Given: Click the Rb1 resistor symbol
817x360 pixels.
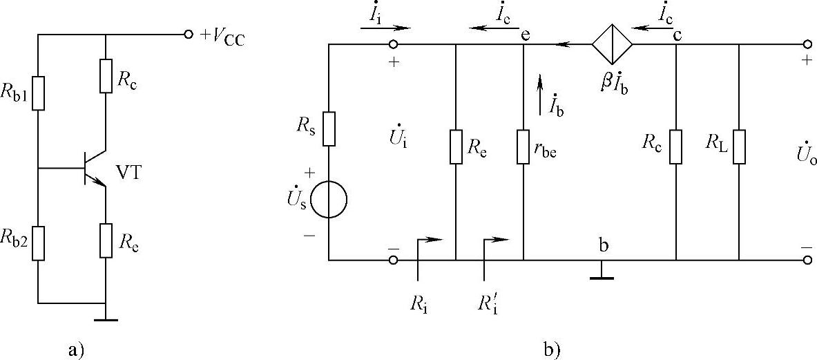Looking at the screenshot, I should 39,93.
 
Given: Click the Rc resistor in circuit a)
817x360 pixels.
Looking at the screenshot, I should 105,75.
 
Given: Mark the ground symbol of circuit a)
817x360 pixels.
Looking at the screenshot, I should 105,319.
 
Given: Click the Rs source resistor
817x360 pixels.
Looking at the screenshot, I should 329,129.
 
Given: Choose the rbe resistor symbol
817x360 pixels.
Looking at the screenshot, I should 524,146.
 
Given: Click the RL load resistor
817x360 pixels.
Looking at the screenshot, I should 740,146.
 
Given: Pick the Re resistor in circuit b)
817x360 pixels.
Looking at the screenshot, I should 456,146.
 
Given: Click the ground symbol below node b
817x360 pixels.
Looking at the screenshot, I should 603,278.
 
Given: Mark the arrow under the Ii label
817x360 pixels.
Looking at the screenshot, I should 385,29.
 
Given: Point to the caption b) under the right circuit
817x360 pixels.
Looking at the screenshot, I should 552,350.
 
